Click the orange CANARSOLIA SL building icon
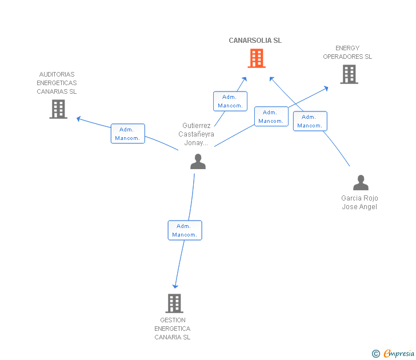[257, 58]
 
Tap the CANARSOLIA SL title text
[255, 41]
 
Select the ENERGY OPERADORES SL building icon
[349, 74]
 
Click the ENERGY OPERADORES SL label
[347, 53]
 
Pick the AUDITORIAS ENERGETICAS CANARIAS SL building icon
[58, 109]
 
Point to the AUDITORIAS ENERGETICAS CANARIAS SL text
[57, 83]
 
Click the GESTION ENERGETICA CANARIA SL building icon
[174, 303]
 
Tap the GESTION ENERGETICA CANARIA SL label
[172, 329]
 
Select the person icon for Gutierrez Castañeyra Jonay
[198, 162]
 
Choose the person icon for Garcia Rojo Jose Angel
[361, 183]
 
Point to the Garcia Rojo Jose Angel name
[360, 202]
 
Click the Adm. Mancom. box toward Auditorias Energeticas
[127, 134]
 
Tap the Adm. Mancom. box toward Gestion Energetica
[185, 230]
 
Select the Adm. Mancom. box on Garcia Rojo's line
[310, 121]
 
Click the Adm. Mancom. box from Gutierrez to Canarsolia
[230, 101]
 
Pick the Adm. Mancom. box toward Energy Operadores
[271, 117]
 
